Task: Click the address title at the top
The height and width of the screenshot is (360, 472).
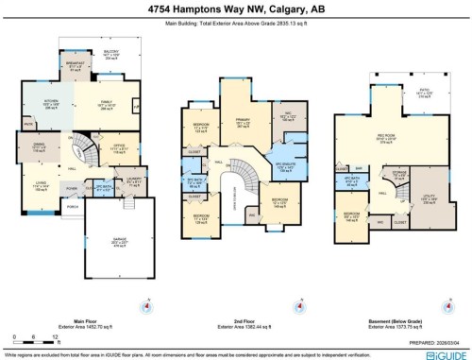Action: pyautogui.click(x=235, y=8)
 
